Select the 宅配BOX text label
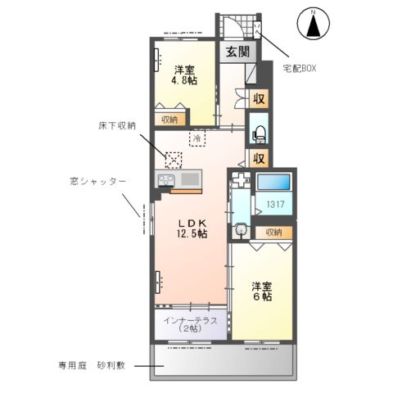click(x=299, y=69)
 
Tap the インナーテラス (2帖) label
click(x=190, y=324)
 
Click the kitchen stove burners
click(x=167, y=180)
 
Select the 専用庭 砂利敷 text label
click(x=91, y=365)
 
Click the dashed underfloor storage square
click(x=174, y=160)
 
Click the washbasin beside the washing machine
click(x=241, y=232)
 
